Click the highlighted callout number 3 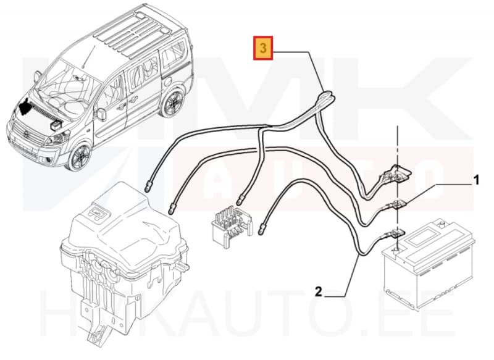pos(264,49)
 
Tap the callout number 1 pos(475,182)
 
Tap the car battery pos(420,266)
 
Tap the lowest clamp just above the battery pos(393,233)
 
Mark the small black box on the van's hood pos(55,124)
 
